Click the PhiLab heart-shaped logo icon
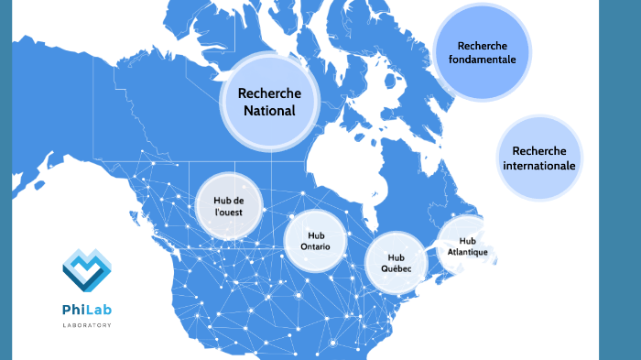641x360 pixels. pos(86,269)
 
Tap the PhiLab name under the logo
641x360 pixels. pos(87,310)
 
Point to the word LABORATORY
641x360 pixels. pos(87,325)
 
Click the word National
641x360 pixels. pos(268,111)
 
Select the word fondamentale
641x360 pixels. pos(482,60)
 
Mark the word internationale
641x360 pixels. pos(539,167)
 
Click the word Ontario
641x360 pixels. pos(316,247)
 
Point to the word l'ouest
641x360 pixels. pos(228,213)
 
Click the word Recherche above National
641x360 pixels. pos(268,93)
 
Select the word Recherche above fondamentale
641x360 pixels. pos(482,46)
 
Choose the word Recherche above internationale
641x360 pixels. pos(539,151)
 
